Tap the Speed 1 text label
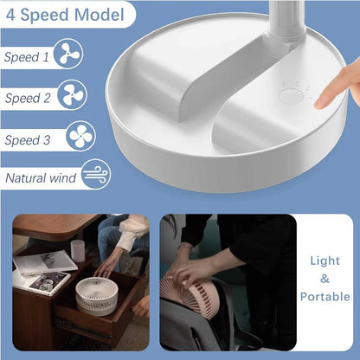(27, 57)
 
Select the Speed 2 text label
(27, 98)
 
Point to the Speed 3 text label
(27, 139)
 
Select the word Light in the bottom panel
(325, 261)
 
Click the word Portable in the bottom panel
(325, 296)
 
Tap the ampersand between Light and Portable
(325, 279)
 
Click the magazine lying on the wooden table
(46, 261)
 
